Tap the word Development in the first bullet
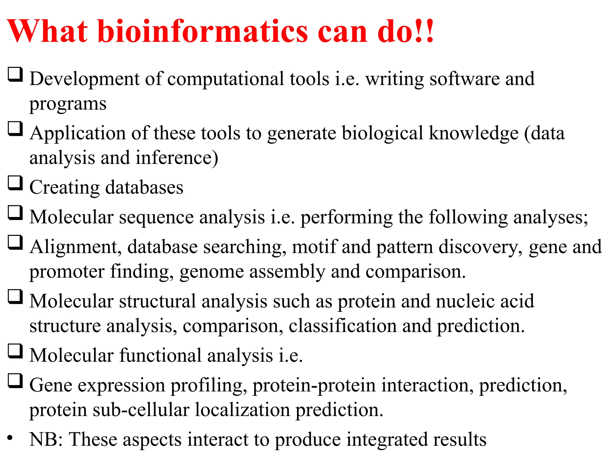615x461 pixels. click(x=84, y=79)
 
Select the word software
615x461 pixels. click(x=464, y=79)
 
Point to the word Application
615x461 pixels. click(x=78, y=134)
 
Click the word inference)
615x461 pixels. click(x=177, y=158)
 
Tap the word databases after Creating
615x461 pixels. click(x=144, y=187)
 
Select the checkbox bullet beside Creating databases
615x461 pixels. click(x=15, y=183)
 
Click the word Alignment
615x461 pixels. click(x=75, y=247)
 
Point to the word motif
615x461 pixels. click(x=314, y=247)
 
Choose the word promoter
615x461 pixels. click(x=67, y=272)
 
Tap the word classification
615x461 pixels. click(x=342, y=326)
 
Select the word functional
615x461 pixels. click(x=160, y=355)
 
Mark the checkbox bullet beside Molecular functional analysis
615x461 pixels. click(x=15, y=351)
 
